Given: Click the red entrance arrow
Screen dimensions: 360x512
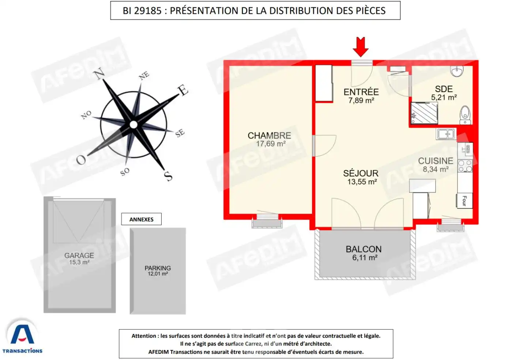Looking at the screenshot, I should (361, 47).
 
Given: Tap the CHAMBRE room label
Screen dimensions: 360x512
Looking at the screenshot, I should (269, 136).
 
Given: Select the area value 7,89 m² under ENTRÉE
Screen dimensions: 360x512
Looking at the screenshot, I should (361, 101).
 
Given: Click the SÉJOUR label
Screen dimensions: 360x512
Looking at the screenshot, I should (361, 173).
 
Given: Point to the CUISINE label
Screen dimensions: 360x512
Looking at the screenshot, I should (435, 161).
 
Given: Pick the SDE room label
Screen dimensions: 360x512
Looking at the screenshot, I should (444, 89).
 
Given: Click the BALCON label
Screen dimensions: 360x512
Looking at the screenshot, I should (364, 249).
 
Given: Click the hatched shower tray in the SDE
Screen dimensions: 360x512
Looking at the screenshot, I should (424, 113).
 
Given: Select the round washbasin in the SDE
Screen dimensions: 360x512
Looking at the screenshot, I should (457, 71).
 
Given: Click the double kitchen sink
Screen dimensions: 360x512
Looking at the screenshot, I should (446, 134).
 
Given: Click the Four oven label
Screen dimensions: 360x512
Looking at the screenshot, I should (464, 201).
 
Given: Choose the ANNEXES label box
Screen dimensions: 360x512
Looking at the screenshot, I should (141, 219).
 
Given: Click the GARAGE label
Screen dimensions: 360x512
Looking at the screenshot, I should (79, 255).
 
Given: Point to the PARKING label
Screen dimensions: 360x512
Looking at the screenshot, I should (158, 268).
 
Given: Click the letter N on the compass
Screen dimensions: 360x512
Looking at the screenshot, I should (99, 74).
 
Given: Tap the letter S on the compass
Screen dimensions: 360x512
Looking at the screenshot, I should (168, 176).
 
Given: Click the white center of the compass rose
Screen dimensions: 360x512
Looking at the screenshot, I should (133, 125).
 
